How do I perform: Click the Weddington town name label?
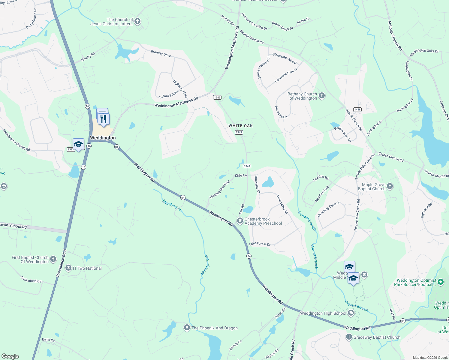click(x=103, y=138)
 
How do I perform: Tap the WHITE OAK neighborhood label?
click(x=241, y=126)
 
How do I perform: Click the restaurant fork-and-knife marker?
click(x=104, y=119)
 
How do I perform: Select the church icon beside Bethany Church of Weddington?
click(x=322, y=96)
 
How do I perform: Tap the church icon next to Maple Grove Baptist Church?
click(x=390, y=186)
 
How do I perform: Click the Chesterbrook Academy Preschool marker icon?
click(x=240, y=221)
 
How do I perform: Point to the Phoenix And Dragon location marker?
click(x=187, y=328)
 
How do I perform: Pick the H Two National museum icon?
click(x=68, y=268)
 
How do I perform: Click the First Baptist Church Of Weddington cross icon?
click(x=53, y=259)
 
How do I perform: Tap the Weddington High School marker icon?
click(x=351, y=313)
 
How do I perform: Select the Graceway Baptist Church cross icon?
click(x=349, y=337)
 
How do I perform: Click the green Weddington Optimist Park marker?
click(x=441, y=282)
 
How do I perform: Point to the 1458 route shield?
click(x=357, y=109)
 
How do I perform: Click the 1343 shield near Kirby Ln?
click(x=247, y=166)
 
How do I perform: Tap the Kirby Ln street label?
click(x=241, y=175)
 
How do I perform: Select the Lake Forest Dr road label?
click(x=260, y=244)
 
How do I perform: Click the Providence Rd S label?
click(x=61, y=263)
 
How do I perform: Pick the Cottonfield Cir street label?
click(x=31, y=280)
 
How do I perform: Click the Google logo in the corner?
click(x=10, y=356)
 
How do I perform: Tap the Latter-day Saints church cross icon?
click(x=137, y=21)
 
